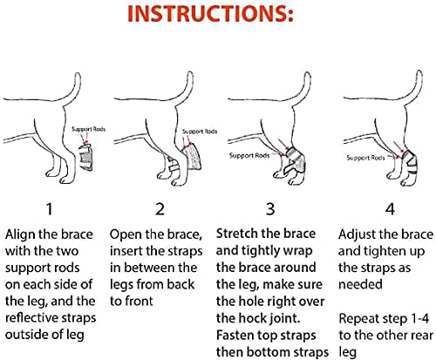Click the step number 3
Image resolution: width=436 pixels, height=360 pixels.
tap(269, 209)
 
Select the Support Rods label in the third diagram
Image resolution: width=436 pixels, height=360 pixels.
tap(249, 156)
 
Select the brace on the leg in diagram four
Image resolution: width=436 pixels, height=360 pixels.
tap(406, 158)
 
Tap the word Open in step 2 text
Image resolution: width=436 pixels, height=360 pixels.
tap(126, 235)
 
